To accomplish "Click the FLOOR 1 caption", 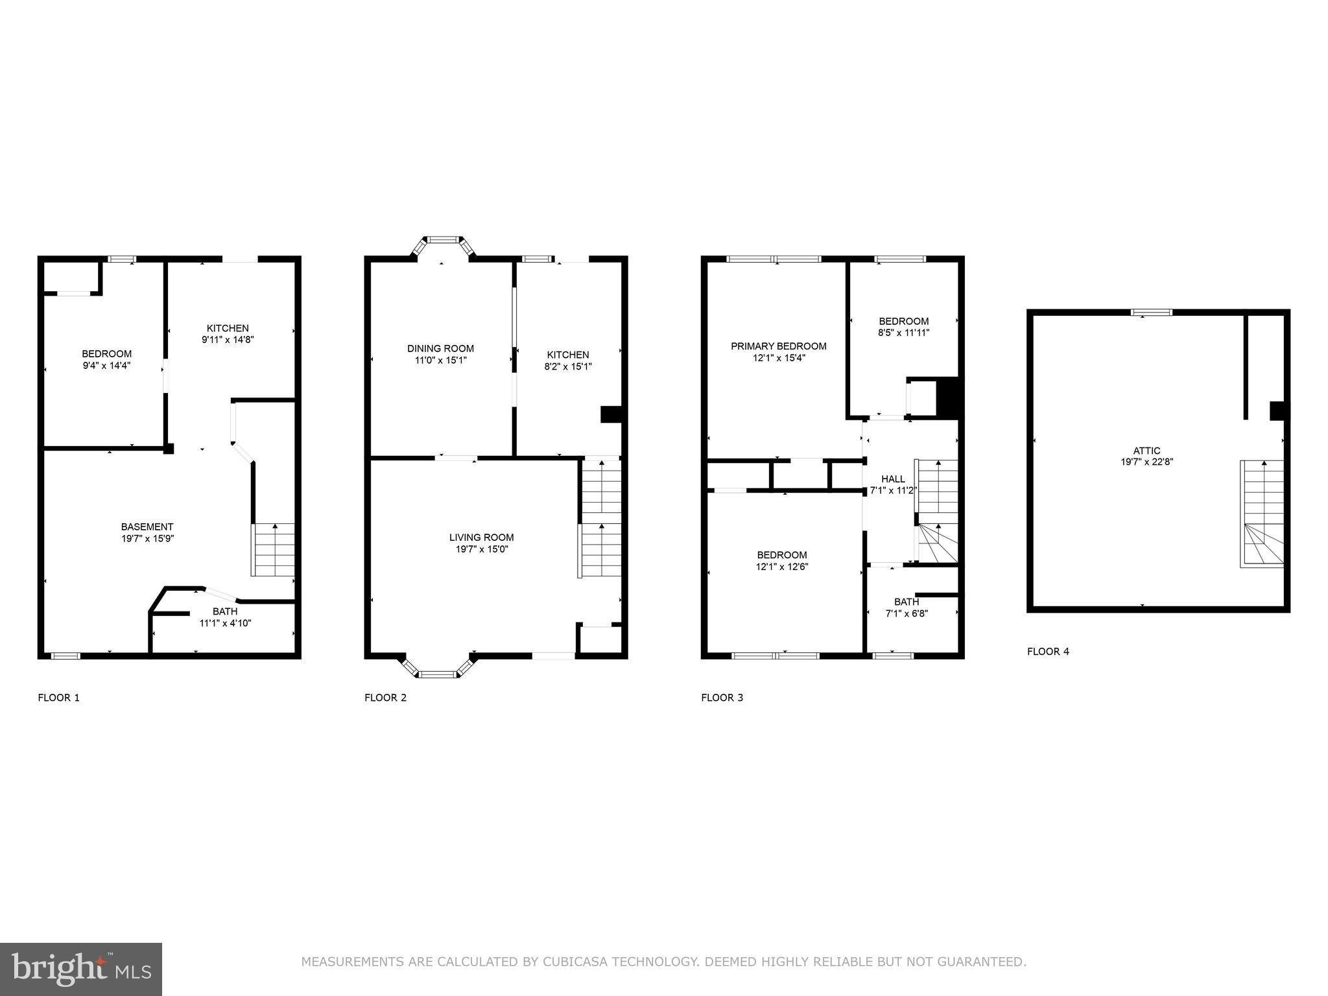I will click(59, 698).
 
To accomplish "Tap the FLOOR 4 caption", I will click(1048, 651).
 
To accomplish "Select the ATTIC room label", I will click(1146, 451).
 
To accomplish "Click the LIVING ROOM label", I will click(481, 537).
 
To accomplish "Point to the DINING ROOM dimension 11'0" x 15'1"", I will click(440, 360).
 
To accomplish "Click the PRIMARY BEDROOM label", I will click(778, 346).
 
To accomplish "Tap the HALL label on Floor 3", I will click(893, 479).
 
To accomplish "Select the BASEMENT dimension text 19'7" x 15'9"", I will click(147, 538).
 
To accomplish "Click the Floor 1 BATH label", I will click(224, 611).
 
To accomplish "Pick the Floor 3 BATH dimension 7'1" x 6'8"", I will click(907, 613).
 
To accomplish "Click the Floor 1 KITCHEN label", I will click(228, 328).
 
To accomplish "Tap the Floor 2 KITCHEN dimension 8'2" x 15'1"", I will click(568, 366).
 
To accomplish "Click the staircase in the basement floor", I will click(273, 550).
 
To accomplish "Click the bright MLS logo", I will click(81, 969).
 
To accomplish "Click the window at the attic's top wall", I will click(1152, 313).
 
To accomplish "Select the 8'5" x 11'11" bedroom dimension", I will click(903, 333).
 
